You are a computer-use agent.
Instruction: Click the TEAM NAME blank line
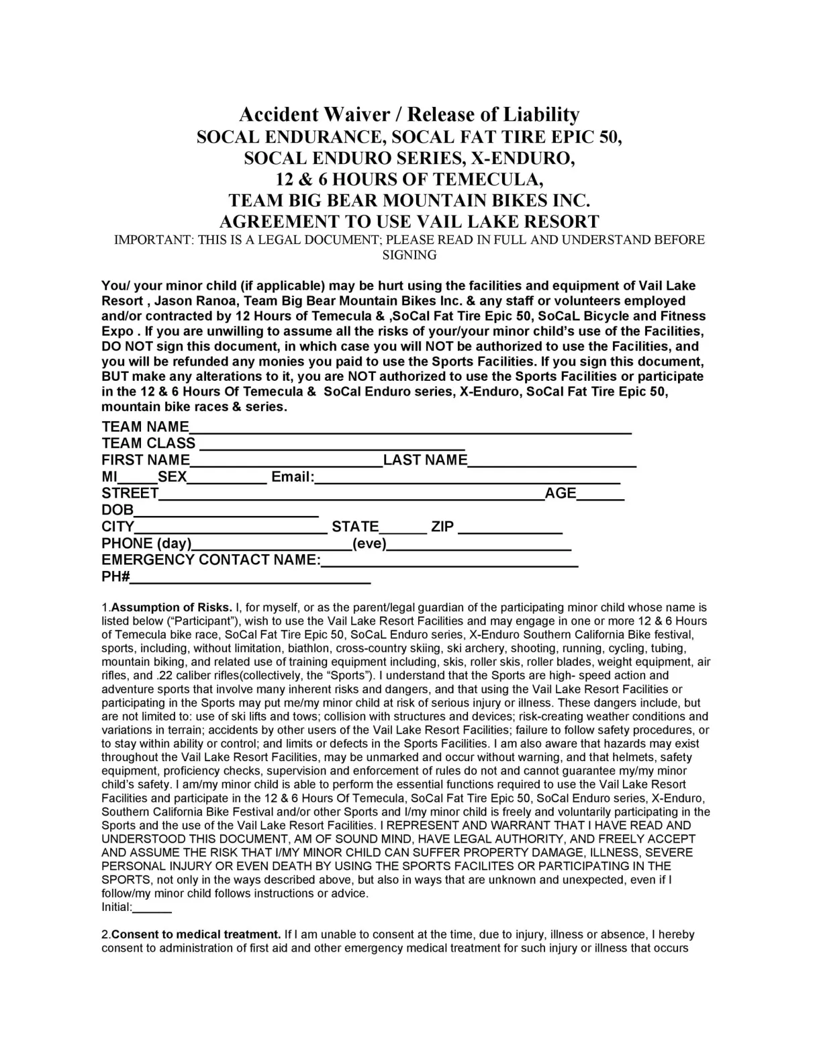[409, 428]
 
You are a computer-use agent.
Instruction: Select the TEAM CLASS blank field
[332, 444]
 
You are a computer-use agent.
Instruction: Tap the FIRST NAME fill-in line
[286, 461]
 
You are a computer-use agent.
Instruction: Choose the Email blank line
[467, 478]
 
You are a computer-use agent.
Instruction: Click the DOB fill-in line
[226, 511]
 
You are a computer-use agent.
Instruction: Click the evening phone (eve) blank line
[479, 544]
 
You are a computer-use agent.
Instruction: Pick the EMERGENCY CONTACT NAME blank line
[449, 561]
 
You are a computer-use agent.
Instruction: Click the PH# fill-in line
[250, 578]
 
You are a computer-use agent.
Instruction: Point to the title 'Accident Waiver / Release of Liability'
[409, 114]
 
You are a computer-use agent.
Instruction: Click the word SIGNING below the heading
[409, 255]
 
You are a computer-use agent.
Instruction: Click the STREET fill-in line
[351, 494]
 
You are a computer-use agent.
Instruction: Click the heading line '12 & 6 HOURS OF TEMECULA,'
[409, 179]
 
